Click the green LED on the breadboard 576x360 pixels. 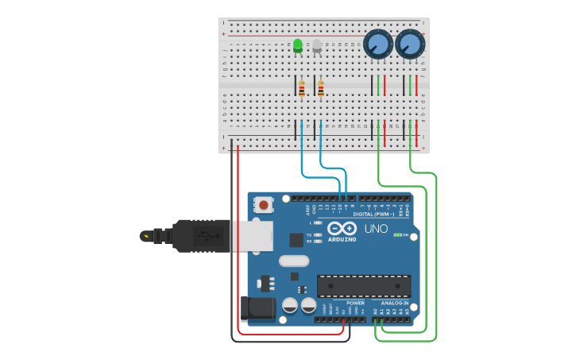[x=298, y=45]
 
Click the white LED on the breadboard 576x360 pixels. [x=317, y=45]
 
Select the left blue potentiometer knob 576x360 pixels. [x=378, y=45]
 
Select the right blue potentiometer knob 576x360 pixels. [x=410, y=45]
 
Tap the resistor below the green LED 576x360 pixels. [x=302, y=89]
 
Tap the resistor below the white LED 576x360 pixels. [x=321, y=89]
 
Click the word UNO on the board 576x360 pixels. [x=376, y=229]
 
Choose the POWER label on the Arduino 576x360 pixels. [x=355, y=303]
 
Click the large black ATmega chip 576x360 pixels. [x=364, y=286]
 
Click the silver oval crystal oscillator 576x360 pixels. [x=293, y=261]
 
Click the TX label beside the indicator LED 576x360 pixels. [x=310, y=234]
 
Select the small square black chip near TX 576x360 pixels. [x=296, y=239]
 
